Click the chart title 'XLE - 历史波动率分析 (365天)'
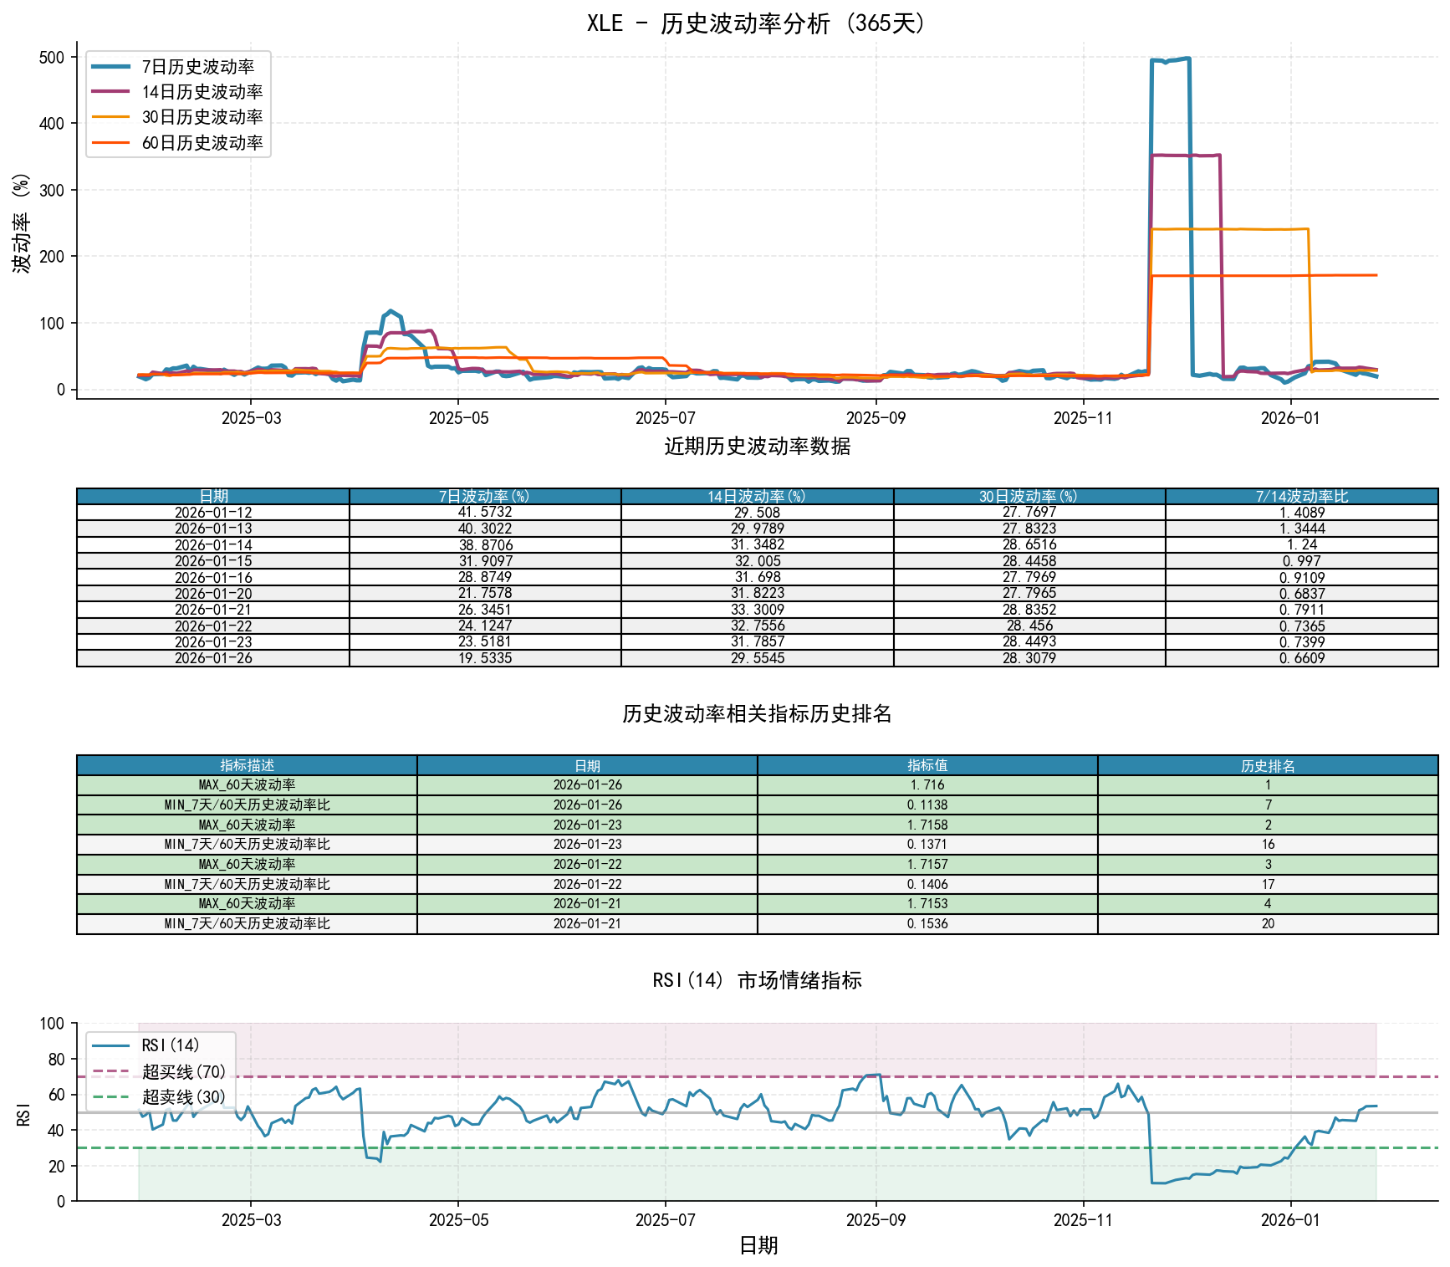[757, 23]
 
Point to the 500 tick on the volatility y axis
[52, 58]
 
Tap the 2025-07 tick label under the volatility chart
[665, 418]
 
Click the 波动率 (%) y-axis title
[22, 223]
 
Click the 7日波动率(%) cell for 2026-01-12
[485, 513]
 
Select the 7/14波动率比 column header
[1301, 497]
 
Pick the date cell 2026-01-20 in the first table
[213, 594]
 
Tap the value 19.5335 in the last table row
[485, 658]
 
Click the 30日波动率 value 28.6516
[1029, 545]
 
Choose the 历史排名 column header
[1268, 766]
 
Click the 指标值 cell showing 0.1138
[927, 805]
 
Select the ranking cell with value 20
[1268, 924]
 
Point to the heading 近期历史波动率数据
[757, 447]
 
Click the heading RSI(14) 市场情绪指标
[757, 980]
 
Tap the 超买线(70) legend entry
[183, 1071]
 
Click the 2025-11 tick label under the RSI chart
[1083, 1220]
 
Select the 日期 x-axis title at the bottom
[758, 1246]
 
